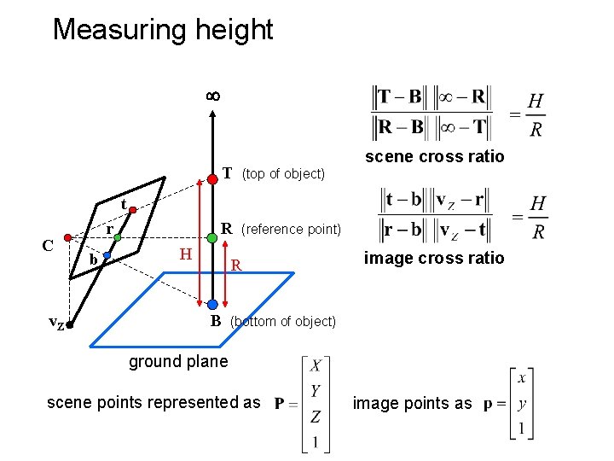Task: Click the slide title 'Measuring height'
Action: [162, 30]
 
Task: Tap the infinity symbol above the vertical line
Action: [213, 96]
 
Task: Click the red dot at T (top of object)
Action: [211, 179]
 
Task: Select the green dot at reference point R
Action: [211, 230]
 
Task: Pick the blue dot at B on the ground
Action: [211, 304]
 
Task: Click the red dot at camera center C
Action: [67, 239]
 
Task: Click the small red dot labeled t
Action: [133, 209]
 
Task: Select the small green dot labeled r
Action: [119, 236]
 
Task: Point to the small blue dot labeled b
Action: [107, 255]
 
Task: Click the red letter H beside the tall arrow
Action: [185, 253]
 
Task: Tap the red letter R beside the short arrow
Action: [237, 266]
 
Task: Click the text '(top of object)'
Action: [283, 174]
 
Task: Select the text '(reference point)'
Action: [291, 229]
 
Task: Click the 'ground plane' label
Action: [178, 361]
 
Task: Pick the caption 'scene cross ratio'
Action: [434, 156]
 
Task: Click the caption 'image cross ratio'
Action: [434, 258]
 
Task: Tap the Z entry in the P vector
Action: [316, 417]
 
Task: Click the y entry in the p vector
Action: [522, 404]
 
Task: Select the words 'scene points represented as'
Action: [153, 402]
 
